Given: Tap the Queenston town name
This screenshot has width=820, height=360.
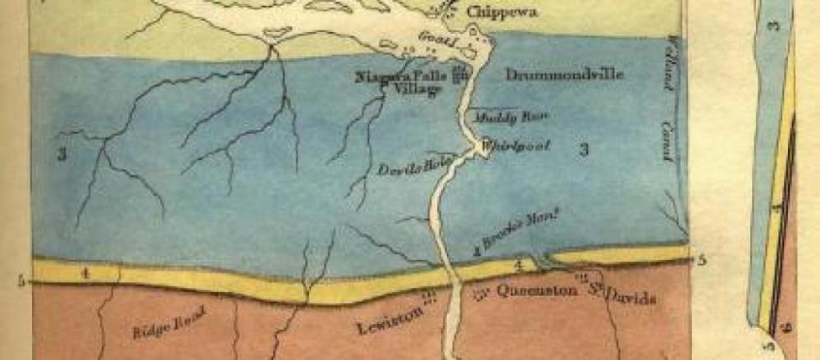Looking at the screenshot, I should [527, 292].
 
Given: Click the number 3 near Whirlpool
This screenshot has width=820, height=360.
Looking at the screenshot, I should [584, 148].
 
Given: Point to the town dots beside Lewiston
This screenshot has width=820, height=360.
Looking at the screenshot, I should [427, 298].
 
